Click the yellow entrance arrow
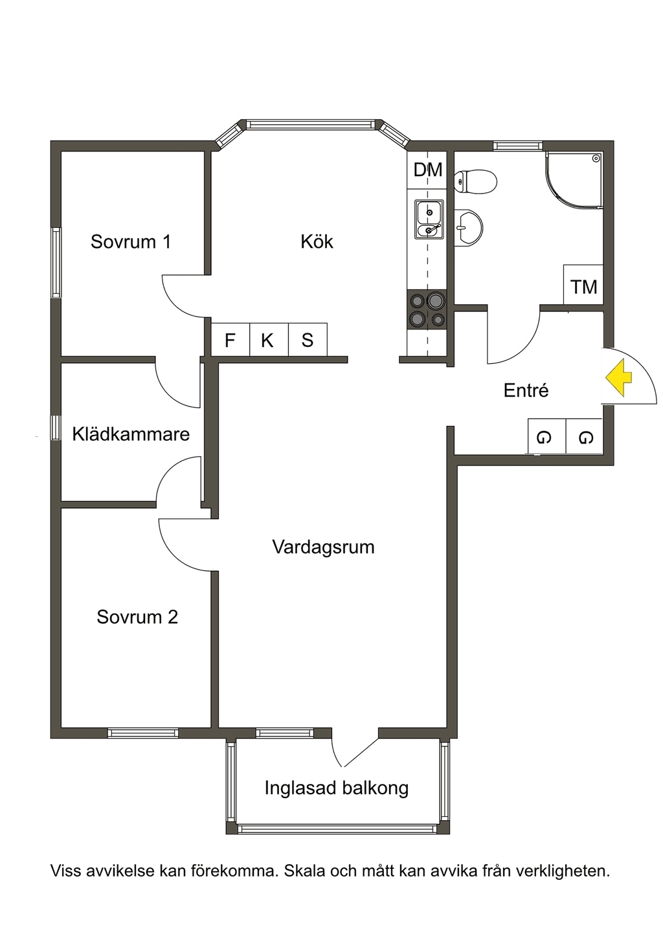(618, 377)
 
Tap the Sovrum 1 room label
(131, 241)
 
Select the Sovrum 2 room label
(137, 617)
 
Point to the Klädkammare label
(131, 434)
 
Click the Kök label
(317, 241)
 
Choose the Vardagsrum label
(323, 548)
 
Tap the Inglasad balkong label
(336, 788)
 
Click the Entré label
(526, 390)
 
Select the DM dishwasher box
(427, 170)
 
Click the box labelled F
(230, 339)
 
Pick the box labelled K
(269, 339)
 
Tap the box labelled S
(308, 339)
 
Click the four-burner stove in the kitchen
(427, 309)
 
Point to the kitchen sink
(429, 219)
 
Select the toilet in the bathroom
(475, 182)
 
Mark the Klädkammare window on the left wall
(55, 427)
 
